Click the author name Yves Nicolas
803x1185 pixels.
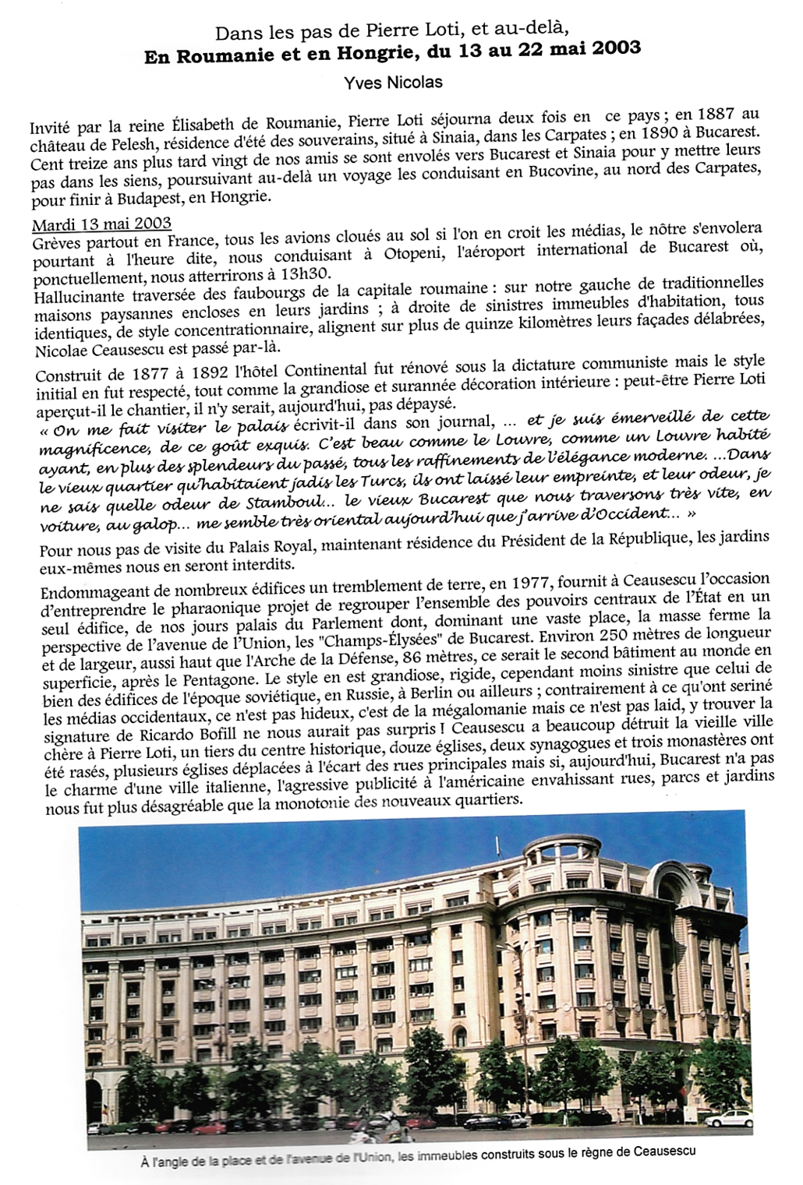tap(387, 82)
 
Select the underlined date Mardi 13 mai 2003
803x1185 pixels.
tap(102, 224)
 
